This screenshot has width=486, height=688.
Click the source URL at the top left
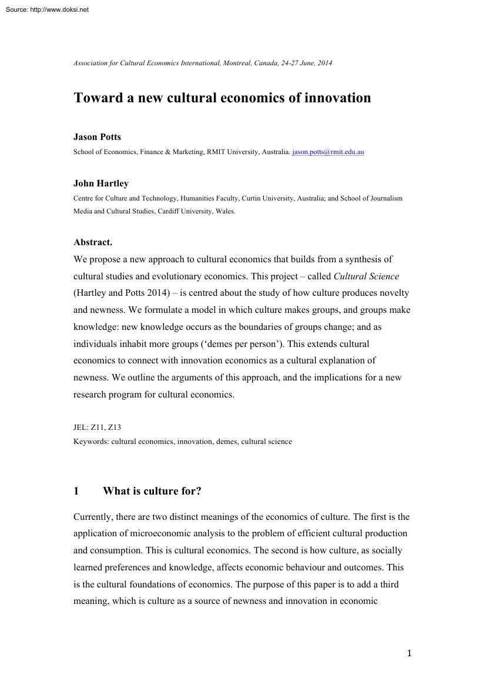click(x=45, y=9)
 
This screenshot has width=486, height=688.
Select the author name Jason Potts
click(x=97, y=137)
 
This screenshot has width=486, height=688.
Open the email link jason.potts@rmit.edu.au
click(x=328, y=152)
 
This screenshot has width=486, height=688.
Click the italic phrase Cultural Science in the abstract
click(x=366, y=276)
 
